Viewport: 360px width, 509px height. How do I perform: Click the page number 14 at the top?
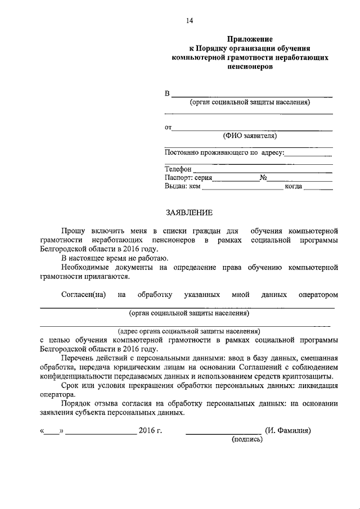coord(190,21)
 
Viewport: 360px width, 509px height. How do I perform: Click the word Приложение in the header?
coord(250,39)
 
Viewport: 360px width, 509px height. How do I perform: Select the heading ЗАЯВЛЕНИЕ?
coord(189,213)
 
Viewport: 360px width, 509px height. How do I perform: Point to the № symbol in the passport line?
coord(263,177)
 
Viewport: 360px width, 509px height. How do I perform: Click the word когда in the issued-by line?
coord(294,186)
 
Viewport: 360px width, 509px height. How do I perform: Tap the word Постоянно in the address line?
coord(181,152)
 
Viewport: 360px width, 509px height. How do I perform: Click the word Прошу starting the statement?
coord(73,231)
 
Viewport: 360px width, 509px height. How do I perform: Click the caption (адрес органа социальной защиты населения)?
coord(189,331)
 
